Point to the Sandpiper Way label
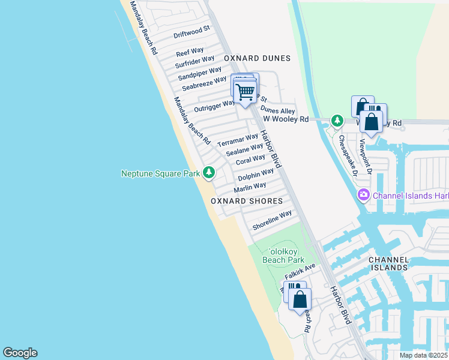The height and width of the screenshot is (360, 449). tap(200, 74)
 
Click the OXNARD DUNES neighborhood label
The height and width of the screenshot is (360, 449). tap(257, 58)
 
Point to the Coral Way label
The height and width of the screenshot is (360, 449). tap(250, 160)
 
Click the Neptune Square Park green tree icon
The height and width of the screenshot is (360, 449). tap(209, 173)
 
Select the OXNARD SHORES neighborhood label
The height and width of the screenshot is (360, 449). tap(247, 201)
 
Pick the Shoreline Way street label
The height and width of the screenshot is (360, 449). tap(272, 220)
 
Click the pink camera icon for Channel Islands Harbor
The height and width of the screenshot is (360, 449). tap(363, 195)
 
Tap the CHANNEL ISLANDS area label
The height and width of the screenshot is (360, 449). tap(388, 264)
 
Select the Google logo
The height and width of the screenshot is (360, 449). tap(20, 353)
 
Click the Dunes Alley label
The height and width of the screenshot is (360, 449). tap(277, 111)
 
